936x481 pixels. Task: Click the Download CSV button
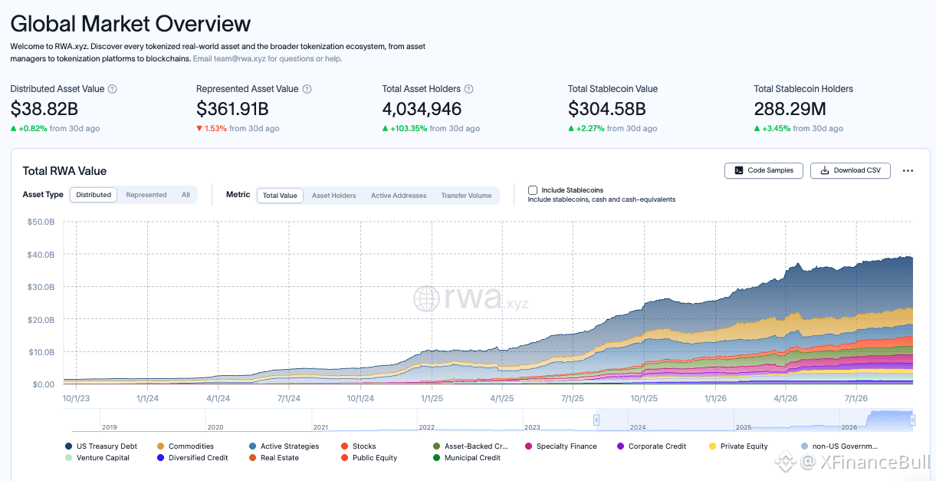[850, 170]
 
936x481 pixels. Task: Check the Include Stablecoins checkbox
[533, 190]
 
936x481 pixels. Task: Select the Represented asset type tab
[146, 195]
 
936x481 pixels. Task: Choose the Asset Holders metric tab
[334, 196]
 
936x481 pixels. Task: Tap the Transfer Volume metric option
[466, 196]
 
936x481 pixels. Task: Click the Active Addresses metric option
[399, 196]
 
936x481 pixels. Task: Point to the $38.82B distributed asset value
[44, 109]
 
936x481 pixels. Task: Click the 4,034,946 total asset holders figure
[422, 109]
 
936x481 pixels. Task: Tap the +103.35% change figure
[409, 128]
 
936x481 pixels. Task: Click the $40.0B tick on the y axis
[41, 254]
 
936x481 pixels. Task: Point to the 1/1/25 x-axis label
[432, 398]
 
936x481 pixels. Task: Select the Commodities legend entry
[186, 446]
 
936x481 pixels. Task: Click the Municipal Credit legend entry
[467, 457]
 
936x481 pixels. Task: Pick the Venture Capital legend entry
[97, 457]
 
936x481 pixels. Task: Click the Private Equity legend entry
[738, 446]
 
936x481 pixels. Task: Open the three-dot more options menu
[908, 170]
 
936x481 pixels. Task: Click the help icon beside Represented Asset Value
[307, 89]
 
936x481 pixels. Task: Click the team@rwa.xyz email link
[240, 58]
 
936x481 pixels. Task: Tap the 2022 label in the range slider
[427, 427]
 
